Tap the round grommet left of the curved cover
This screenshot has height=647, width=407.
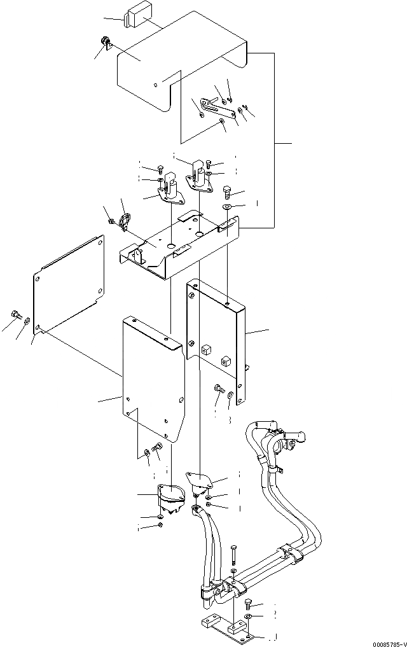point(106,43)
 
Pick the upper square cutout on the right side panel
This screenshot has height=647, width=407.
point(205,349)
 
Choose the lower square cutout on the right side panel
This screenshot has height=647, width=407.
point(224,363)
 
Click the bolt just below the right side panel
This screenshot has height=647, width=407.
point(219,389)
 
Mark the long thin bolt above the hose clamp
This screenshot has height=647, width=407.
point(233,555)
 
